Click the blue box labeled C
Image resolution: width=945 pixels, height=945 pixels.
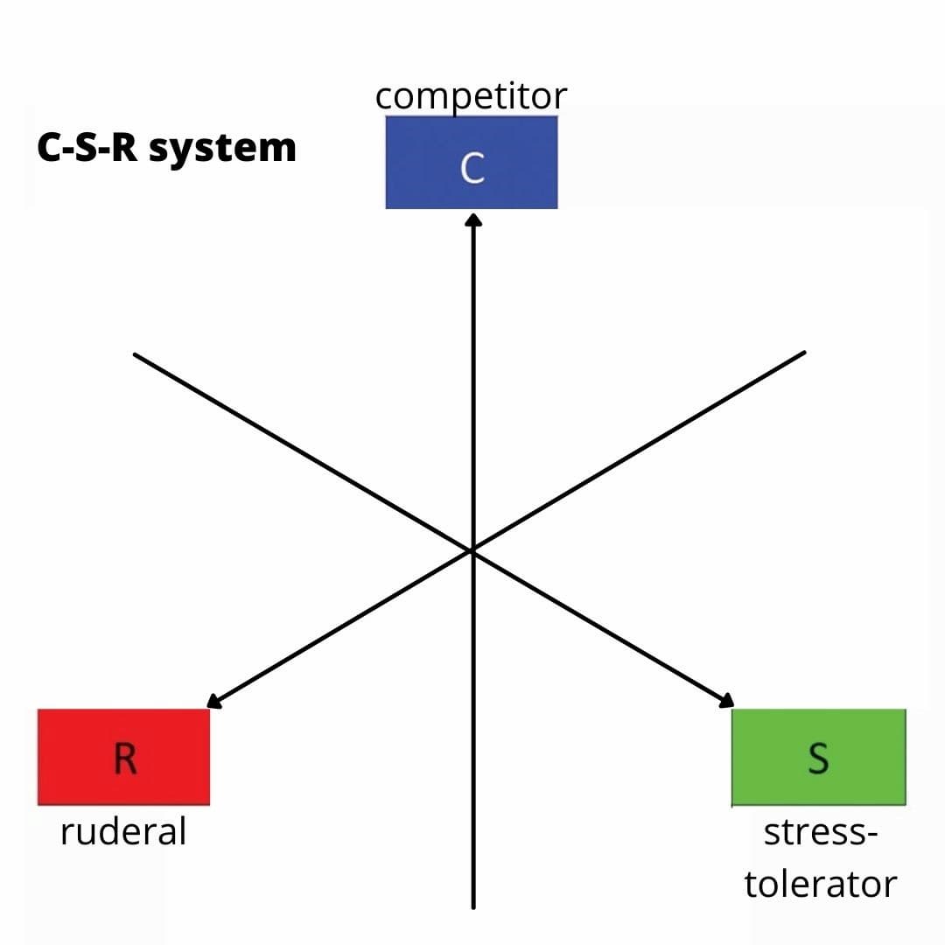[471, 163]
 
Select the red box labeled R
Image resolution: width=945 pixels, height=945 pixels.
[123, 757]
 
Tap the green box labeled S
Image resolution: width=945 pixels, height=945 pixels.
[818, 757]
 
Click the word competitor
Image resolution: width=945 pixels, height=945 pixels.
[472, 96]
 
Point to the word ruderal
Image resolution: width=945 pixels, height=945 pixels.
[123, 831]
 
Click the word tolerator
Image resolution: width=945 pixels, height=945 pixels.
[820, 884]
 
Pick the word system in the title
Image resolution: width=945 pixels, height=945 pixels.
[222, 148]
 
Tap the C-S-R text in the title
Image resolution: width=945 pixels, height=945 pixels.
[88, 147]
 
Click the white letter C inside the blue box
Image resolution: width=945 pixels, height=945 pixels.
[472, 168]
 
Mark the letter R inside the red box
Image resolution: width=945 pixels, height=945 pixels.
[125, 759]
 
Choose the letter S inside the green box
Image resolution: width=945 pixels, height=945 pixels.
[818, 759]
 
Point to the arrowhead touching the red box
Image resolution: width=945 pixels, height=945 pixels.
[213, 701]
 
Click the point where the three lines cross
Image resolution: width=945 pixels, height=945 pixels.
[472, 550]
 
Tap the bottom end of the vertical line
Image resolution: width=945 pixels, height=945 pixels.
[473, 906]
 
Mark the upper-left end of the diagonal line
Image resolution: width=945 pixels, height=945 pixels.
[136, 354]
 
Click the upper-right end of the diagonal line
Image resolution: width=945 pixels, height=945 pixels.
[802, 353]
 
